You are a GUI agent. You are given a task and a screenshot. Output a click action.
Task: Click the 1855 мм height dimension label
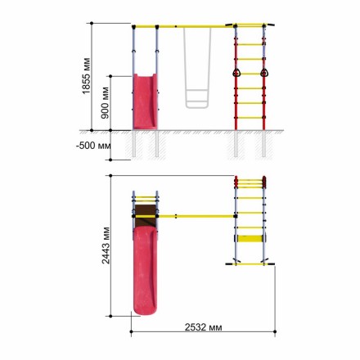86,76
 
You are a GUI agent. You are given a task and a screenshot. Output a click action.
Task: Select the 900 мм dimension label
105,102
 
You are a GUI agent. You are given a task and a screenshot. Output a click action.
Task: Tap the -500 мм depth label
93,146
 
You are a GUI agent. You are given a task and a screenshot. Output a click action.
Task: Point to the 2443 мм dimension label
106,245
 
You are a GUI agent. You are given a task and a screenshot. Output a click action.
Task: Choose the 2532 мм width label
204,326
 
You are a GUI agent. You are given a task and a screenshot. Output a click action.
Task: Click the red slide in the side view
145,101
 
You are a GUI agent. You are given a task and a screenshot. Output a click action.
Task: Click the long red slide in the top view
146,271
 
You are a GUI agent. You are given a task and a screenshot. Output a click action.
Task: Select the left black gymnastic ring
236,73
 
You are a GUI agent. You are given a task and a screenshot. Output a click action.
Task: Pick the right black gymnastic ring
264,73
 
